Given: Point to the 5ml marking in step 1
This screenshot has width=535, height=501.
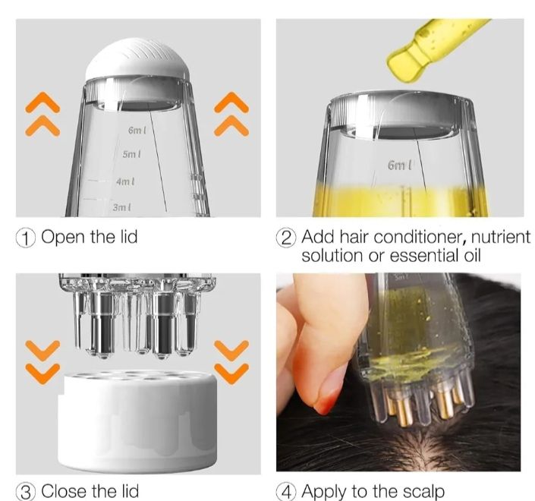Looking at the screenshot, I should pyautogui.click(x=132, y=154).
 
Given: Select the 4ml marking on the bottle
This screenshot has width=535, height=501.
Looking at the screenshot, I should pyautogui.click(x=125, y=181).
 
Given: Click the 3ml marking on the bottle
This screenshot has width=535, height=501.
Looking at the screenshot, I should pyautogui.click(x=121, y=206).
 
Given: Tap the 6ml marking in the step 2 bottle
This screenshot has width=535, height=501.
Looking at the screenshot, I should pyautogui.click(x=398, y=164).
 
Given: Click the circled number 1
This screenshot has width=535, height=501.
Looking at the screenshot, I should pyautogui.click(x=27, y=238).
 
